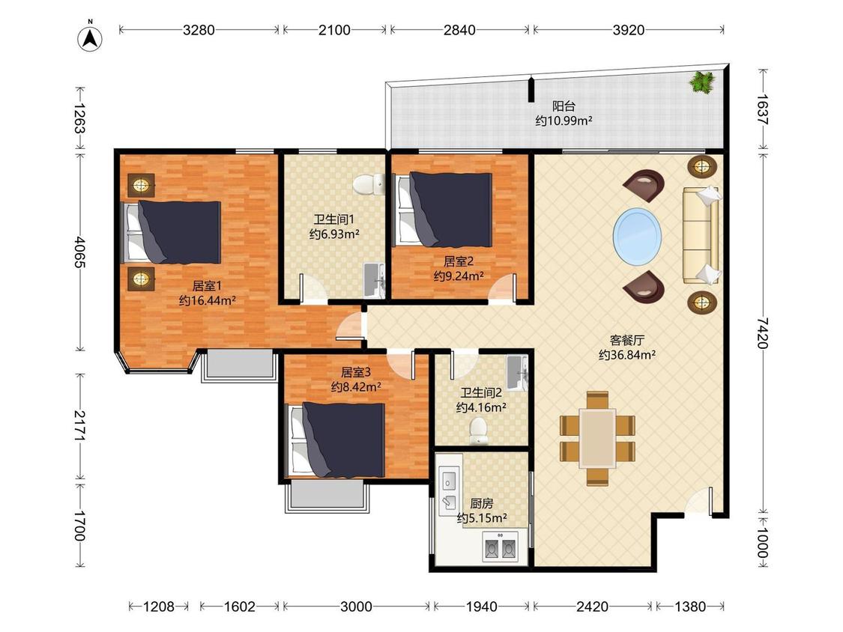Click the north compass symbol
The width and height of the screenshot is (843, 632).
(91, 37)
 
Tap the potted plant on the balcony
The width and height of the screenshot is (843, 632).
(703, 82)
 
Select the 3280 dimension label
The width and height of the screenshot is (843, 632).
(199, 29)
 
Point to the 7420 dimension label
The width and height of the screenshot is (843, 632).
(763, 333)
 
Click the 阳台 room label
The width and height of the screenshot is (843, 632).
(563, 106)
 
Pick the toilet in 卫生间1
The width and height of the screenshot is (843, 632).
(369, 184)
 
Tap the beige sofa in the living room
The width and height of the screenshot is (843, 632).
(701, 234)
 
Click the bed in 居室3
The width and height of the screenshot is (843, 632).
(336, 440)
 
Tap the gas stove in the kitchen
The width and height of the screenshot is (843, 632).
(500, 547)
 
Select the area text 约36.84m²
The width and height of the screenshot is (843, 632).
(627, 355)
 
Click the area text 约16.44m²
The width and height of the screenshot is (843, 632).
(207, 301)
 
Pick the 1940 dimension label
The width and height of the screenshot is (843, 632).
(481, 607)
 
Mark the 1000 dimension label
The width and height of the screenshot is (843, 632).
(763, 541)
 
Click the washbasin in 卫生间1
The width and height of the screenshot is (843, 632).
(374, 280)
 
